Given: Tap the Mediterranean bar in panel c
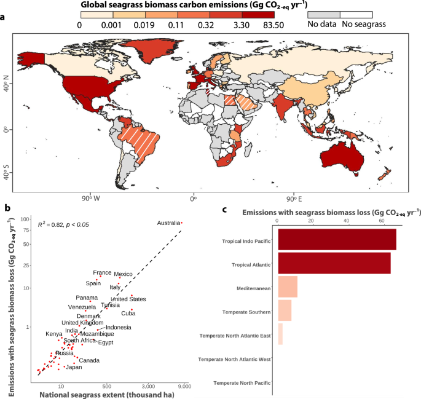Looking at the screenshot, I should pos(288,287).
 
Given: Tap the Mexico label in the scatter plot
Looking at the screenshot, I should pos(124,274).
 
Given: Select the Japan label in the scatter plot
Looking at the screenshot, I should pos(74,367).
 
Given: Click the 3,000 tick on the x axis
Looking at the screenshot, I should pos(149,386).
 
